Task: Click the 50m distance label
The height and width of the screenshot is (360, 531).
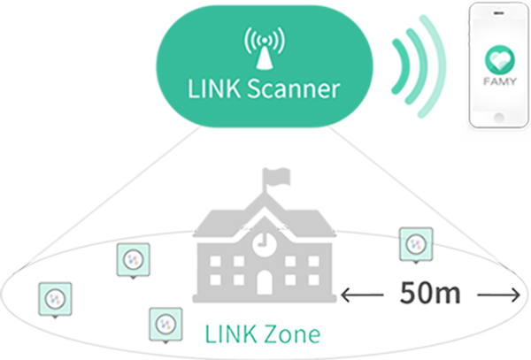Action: click(427, 292)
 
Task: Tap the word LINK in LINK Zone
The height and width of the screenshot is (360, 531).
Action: click(228, 336)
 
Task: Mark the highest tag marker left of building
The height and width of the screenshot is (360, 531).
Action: click(135, 259)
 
